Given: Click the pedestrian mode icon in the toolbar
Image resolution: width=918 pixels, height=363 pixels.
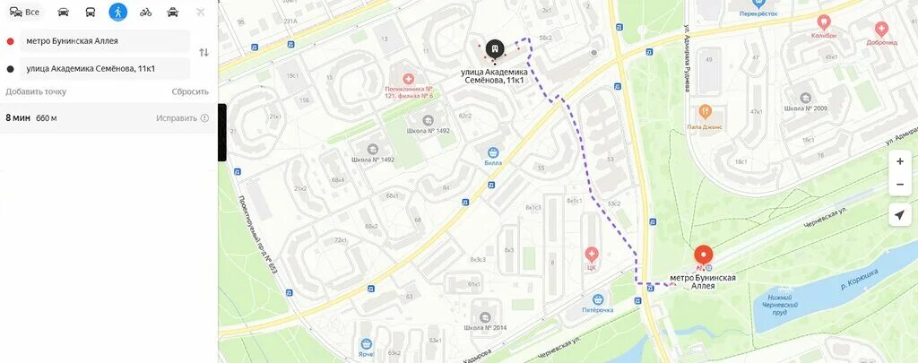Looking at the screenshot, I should pos(117,12).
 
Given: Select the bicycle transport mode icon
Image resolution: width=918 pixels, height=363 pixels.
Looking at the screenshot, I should pos(145,12).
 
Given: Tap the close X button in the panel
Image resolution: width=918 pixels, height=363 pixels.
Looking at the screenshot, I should pos(201,12).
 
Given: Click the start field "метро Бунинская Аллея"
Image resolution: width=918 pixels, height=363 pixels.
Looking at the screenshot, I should pos(105,40).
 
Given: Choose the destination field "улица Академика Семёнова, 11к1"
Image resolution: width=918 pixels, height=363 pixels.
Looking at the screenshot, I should pos(105,68).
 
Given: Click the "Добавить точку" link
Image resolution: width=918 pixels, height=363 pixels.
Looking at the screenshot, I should pos(36,91).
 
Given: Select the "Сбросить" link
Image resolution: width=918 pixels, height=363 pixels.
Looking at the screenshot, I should pos(190,91).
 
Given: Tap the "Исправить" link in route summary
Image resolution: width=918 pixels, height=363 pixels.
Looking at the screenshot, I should pos(177,118).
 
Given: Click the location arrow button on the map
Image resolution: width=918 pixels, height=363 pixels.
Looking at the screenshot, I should pos(900,214).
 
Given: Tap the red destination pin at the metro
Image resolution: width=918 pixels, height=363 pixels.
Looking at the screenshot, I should pos(704,255).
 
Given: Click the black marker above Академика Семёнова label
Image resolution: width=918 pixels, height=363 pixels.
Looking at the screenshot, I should pos(494,48).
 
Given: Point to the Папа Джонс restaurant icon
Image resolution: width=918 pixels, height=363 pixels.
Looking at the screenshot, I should pos(706,112).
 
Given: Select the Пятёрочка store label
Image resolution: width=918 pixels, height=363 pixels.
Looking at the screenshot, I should pos(597,310).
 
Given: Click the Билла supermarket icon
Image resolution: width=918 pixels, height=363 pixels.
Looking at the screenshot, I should pos(492,152).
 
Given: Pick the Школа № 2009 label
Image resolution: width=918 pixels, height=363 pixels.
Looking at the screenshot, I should pos(804,108).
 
